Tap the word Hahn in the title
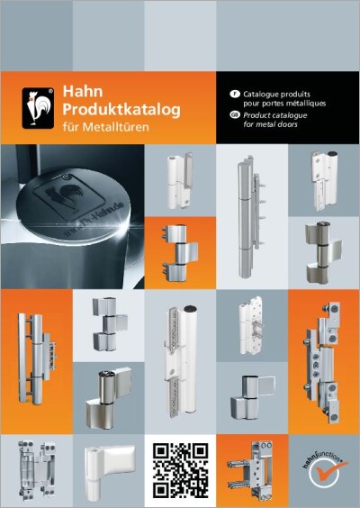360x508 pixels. (82, 92)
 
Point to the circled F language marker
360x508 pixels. (234, 94)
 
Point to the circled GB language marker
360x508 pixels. (234, 115)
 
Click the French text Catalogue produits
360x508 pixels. (274, 94)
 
